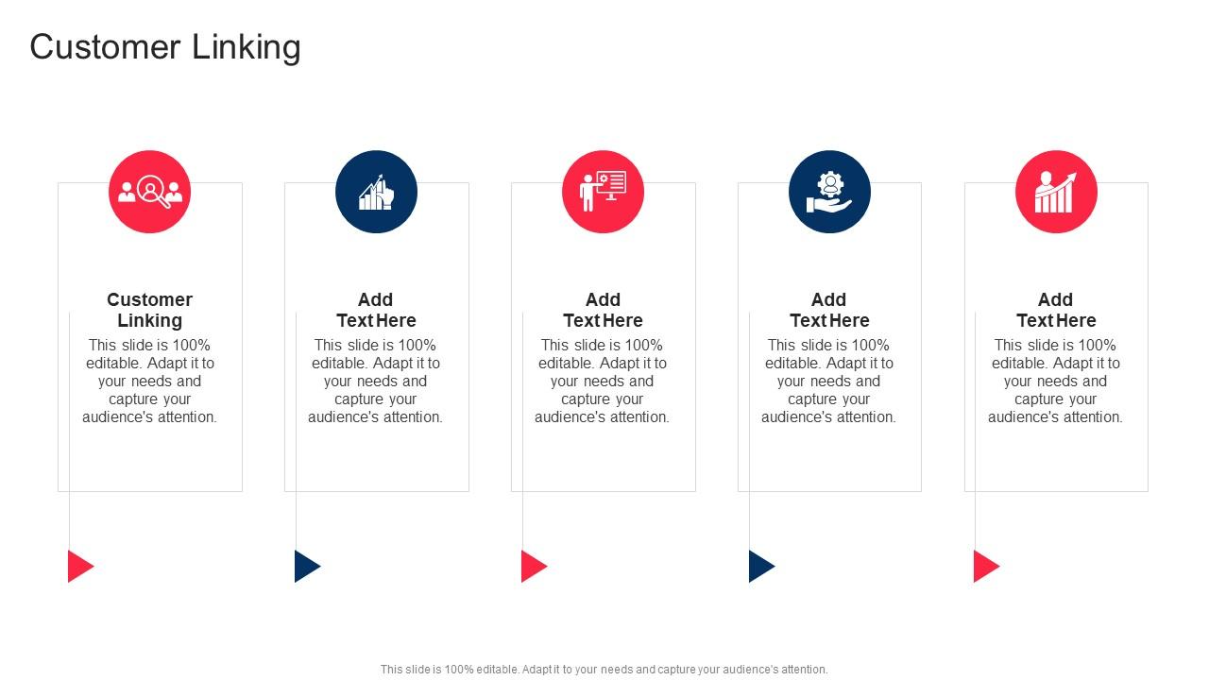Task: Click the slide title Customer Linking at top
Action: coord(165,47)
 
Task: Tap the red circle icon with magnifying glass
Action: coord(149,192)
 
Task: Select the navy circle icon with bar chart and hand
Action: coord(376,192)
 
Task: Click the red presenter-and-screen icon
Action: coord(603,192)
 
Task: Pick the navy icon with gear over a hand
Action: coord(829,192)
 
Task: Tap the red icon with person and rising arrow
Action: coord(1056,192)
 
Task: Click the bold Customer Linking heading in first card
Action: coord(149,310)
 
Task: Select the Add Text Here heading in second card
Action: coord(376,310)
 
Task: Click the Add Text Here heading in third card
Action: coord(603,310)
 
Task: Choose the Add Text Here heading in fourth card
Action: coord(829,310)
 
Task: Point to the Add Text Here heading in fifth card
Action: coord(1056,310)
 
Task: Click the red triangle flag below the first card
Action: coord(78,566)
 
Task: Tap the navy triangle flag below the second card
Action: coord(305,566)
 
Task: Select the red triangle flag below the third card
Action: coord(532,566)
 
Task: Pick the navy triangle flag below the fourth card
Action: coord(759,566)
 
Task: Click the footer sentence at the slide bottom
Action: coord(604,670)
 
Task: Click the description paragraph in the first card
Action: coord(149,381)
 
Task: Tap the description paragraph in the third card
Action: coord(603,381)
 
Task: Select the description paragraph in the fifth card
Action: coord(1056,381)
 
